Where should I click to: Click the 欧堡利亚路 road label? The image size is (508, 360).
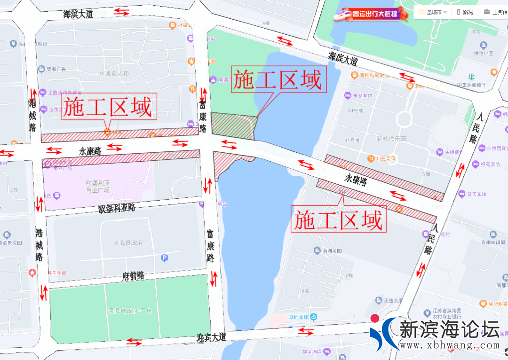(117, 208)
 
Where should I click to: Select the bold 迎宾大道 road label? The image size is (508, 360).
(211, 337)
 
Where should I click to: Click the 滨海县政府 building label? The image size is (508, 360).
(128, 243)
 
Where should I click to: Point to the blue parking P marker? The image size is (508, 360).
(164, 258)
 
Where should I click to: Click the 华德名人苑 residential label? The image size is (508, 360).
(114, 74)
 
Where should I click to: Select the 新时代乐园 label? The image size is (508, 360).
(391, 139)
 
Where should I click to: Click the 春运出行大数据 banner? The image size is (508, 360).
(370, 15)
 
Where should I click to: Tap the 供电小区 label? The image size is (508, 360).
(483, 53)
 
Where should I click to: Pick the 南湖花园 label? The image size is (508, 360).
(332, 251)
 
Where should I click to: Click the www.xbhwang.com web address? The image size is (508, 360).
(449, 345)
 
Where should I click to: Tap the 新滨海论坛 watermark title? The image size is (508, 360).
(449, 329)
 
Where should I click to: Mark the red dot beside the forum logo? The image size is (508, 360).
(375, 318)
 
